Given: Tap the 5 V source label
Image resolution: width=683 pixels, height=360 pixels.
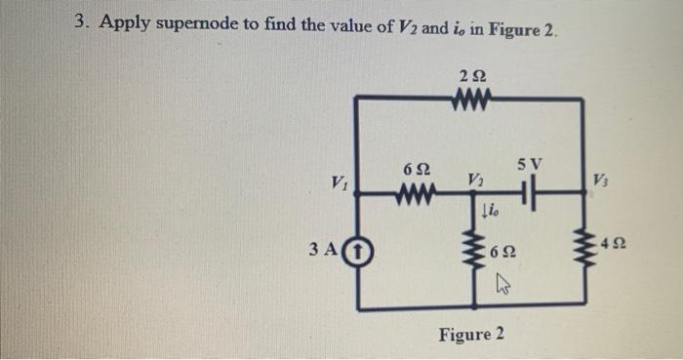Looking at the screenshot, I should pos(535,160).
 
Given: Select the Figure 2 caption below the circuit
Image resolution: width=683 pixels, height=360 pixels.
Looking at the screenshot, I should pos(471,335).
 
